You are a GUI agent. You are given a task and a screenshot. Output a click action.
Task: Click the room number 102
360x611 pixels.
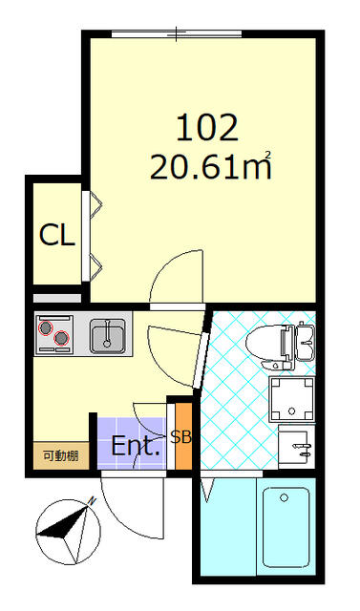coord(207,128)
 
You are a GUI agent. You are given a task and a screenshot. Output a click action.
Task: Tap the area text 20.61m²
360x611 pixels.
coord(211,165)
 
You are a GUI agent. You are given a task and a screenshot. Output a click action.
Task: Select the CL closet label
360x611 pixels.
coord(57,236)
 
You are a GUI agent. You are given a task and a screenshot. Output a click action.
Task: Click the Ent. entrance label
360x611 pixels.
coord(136,446)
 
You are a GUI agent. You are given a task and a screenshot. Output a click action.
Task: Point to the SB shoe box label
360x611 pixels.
coord(180,437)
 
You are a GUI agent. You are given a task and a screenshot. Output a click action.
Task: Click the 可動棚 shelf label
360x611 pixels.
coord(61,455)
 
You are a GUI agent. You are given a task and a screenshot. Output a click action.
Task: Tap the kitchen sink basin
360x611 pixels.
coord(108,336)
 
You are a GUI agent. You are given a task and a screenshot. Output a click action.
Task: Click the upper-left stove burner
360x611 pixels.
coord(46,327)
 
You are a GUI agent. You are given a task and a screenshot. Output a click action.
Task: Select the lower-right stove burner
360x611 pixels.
coord(61,338)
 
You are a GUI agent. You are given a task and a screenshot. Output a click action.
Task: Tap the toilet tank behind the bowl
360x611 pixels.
coord(305,342)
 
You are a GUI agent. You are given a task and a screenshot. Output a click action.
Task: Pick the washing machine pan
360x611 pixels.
coord(292,399)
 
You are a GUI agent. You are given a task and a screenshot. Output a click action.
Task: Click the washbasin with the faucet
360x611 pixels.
coord(297,447)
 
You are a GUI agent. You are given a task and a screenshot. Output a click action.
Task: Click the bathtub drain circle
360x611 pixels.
coord(284,498)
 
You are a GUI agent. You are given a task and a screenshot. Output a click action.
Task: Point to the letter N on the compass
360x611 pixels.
coord(93,500)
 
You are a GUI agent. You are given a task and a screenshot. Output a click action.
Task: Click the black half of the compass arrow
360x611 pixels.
coord(62,526)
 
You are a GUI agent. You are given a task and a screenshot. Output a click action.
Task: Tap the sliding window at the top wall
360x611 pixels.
coord(177,34)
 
